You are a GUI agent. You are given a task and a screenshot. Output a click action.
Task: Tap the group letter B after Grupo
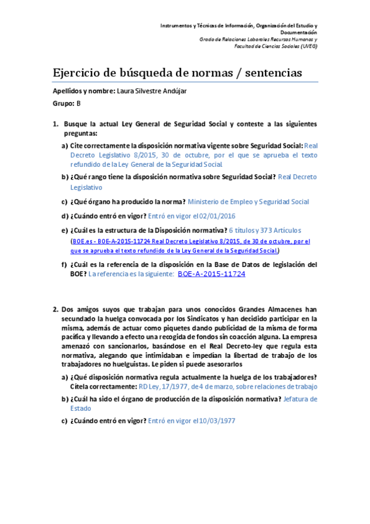click(78, 103)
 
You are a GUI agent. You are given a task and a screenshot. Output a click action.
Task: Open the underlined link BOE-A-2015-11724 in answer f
click(211, 274)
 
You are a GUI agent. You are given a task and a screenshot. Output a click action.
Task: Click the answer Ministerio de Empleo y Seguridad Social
click(248, 201)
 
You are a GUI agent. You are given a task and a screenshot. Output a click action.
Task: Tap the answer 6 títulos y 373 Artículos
click(264, 230)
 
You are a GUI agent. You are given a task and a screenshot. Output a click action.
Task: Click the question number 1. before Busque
click(56, 124)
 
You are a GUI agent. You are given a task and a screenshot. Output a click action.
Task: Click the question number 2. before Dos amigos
click(56, 308)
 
